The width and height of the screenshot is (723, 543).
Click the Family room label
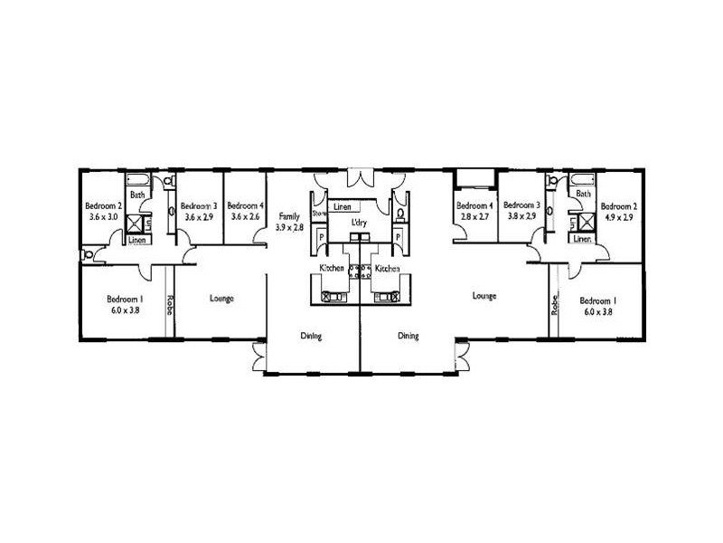pyautogui.click(x=289, y=216)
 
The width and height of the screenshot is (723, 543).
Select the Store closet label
pyautogui.click(x=317, y=214)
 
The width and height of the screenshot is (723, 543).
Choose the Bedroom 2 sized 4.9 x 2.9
pyautogui.click(x=619, y=212)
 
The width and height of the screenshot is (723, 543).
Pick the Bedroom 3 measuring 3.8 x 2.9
pyautogui.click(x=521, y=212)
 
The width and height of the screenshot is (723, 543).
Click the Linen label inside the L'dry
pyautogui.click(x=342, y=207)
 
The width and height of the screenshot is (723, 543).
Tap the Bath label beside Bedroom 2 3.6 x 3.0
pyautogui.click(x=137, y=195)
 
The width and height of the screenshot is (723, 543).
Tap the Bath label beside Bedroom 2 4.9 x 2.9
pyautogui.click(x=583, y=195)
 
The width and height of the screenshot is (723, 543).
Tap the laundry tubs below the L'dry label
pyautogui.click(x=361, y=238)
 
